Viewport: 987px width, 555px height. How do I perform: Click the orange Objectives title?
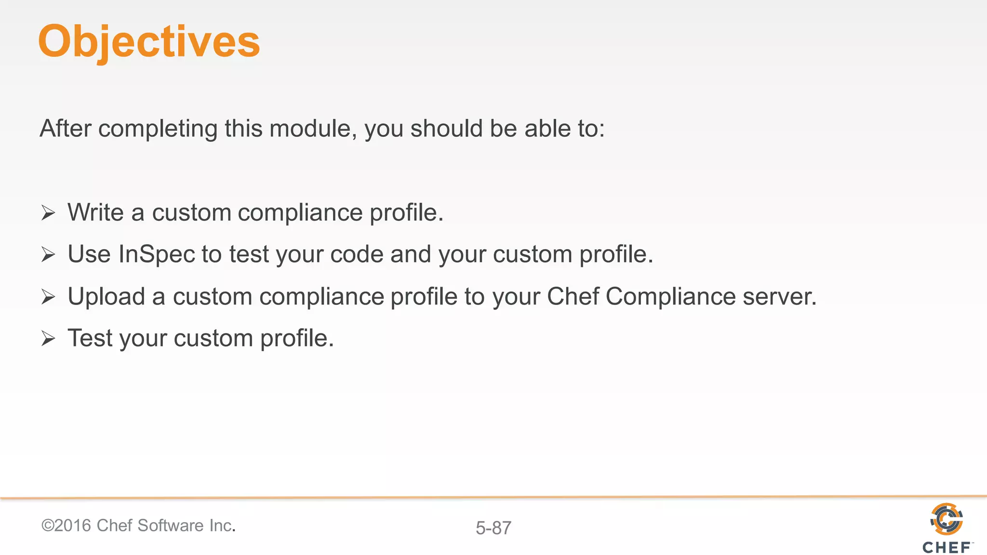149,42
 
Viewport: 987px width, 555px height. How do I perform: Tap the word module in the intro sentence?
310,129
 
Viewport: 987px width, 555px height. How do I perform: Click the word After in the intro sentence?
66,129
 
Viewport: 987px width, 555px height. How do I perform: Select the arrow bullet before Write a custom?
48,212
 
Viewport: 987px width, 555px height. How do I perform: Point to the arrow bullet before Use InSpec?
48,254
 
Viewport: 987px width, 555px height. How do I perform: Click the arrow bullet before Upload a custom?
48,296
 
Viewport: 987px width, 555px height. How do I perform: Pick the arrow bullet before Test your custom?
48,338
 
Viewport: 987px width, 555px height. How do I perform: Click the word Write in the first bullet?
95,212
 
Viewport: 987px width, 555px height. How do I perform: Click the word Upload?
107,296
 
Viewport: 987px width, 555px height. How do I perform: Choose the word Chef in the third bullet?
573,296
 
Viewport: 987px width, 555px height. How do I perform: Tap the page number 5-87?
493,528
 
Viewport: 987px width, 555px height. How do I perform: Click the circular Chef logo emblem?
947,519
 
